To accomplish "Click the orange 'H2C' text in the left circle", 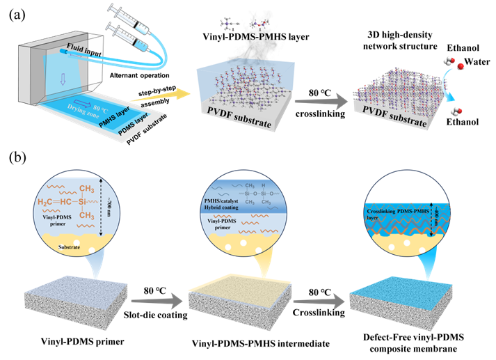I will [49, 202].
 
